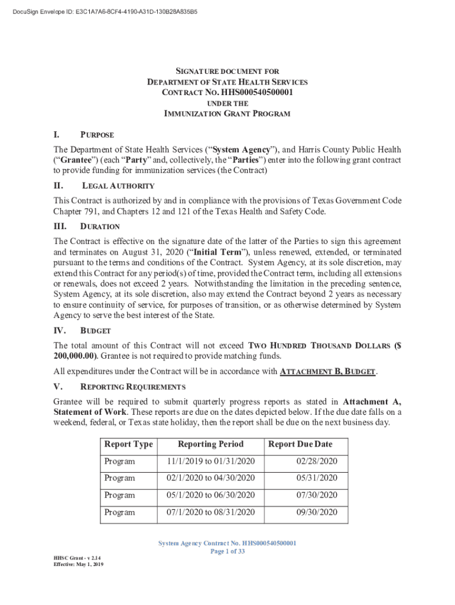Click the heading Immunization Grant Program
click(227, 113)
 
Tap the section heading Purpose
click(97, 135)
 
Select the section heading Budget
click(95, 331)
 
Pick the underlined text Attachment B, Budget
click(327, 372)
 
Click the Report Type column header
click(128, 444)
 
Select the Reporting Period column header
click(210, 444)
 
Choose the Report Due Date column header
click(300, 444)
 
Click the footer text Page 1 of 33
click(227, 551)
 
